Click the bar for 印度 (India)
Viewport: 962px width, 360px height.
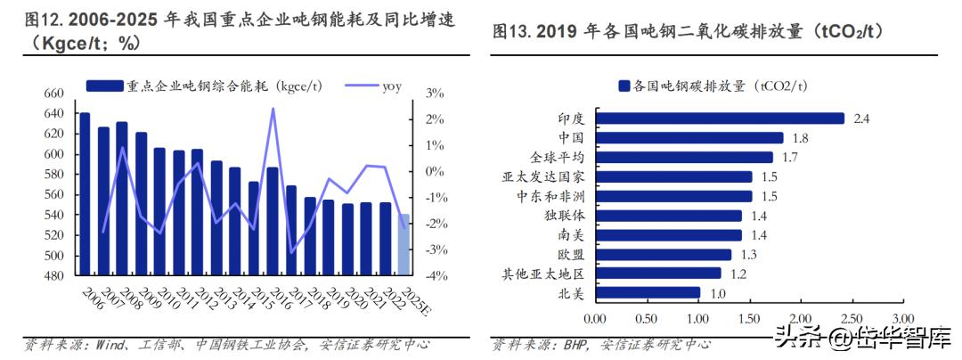(x=720, y=118)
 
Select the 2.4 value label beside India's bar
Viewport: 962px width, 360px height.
(x=860, y=118)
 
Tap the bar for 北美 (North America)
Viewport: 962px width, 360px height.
(x=648, y=292)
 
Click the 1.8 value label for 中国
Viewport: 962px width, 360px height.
(x=800, y=137)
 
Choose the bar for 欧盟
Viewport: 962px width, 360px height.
(x=663, y=254)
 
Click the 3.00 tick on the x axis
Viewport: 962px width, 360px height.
(x=902, y=318)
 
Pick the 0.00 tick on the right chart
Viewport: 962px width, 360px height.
(x=595, y=318)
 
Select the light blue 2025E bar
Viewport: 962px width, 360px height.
(x=404, y=244)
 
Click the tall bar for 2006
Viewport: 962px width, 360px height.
(x=85, y=194)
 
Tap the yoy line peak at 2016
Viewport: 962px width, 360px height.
(x=272, y=109)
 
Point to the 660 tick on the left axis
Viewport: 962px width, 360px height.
(x=54, y=94)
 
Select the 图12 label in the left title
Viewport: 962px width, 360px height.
(x=43, y=20)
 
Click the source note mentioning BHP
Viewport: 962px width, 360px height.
(x=602, y=343)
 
